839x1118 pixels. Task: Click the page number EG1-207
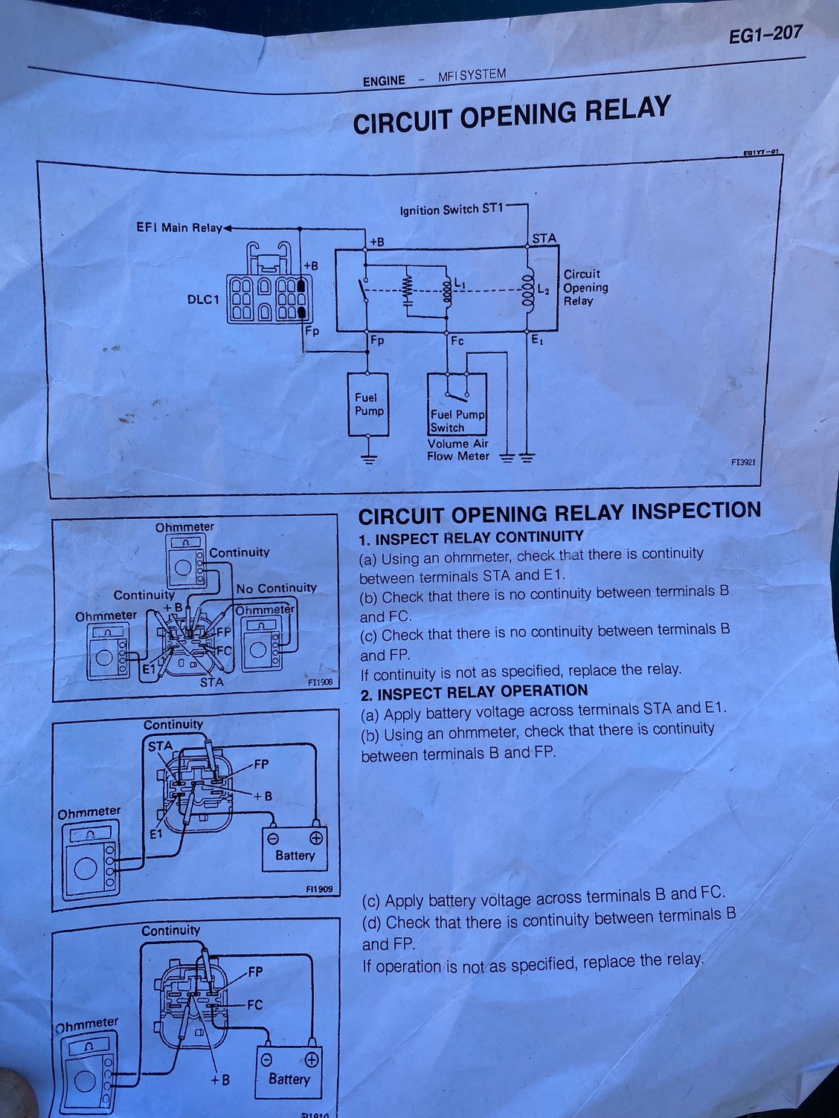pos(765,35)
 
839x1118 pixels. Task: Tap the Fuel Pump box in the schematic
pos(367,404)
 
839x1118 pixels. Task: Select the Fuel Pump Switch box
pos(457,404)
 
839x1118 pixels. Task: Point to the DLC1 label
pos(203,300)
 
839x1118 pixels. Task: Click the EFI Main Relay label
pos(179,227)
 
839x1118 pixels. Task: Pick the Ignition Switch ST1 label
pos(451,209)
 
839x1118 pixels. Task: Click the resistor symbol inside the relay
pos(407,289)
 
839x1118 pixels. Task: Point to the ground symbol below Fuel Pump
pos(367,459)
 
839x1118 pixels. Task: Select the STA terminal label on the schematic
pos(544,239)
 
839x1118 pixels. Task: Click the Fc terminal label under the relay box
pos(457,340)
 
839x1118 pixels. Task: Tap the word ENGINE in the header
pos(384,80)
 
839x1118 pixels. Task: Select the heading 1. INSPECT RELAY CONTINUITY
pos(472,538)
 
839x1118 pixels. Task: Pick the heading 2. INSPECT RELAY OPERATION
pos(475,692)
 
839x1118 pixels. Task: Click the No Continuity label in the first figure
pos(277,588)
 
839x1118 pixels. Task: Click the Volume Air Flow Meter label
pos(457,450)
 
